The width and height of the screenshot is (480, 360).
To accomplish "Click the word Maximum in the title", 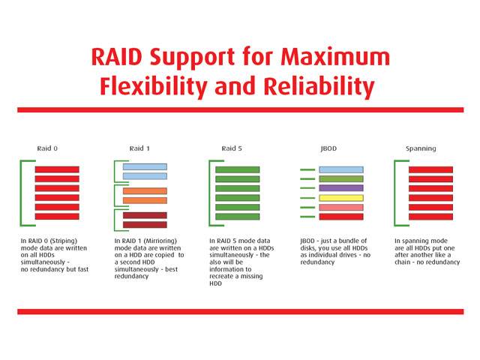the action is tap(335, 57).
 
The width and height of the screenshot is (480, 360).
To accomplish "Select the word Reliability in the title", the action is tap(319, 86).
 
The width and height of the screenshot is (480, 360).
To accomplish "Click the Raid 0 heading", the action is tap(47, 148).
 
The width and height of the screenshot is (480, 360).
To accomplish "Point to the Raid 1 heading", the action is tap(139, 148).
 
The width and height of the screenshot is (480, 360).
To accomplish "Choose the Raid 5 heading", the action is tap(232, 148).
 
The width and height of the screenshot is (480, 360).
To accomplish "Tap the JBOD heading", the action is tap(328, 148).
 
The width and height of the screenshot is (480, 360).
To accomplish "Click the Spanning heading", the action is tap(421, 148).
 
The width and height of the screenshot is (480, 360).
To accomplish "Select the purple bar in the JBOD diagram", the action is tap(341, 188).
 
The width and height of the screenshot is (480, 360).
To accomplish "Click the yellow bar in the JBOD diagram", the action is tap(341, 198).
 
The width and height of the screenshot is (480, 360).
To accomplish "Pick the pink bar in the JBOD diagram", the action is tap(341, 207).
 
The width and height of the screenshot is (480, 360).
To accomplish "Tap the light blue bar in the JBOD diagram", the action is tap(341, 169).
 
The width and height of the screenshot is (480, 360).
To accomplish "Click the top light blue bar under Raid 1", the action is tap(145, 166).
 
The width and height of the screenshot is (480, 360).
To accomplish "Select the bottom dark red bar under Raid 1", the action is tap(145, 225).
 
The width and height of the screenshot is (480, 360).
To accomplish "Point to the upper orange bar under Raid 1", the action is tap(145, 191).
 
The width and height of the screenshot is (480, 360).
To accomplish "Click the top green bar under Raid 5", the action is tap(237, 169).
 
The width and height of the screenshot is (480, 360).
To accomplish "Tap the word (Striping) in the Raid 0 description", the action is tap(63, 241).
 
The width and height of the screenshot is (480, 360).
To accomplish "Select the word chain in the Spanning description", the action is tap(402, 262).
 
